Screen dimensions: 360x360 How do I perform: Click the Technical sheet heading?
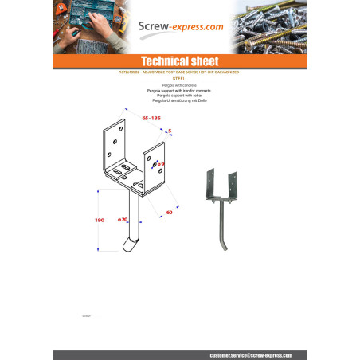coord(179,61)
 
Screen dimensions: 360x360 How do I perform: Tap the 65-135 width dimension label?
coord(152,118)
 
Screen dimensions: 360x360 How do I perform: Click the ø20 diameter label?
coord(122,219)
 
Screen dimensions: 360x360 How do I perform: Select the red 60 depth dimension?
coord(169,213)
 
